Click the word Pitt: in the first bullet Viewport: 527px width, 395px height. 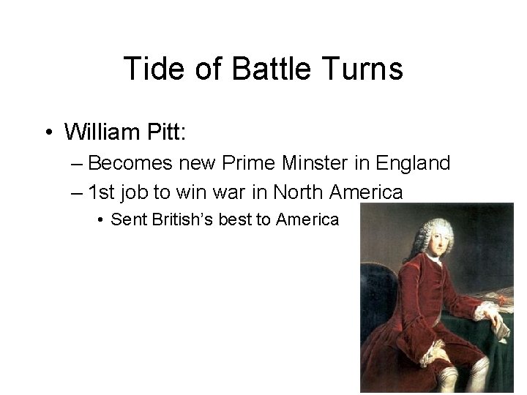[x=168, y=132]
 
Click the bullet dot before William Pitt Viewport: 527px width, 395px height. [x=46, y=133]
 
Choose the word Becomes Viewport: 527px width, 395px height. [x=130, y=163]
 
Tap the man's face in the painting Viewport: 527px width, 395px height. [x=434, y=241]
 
